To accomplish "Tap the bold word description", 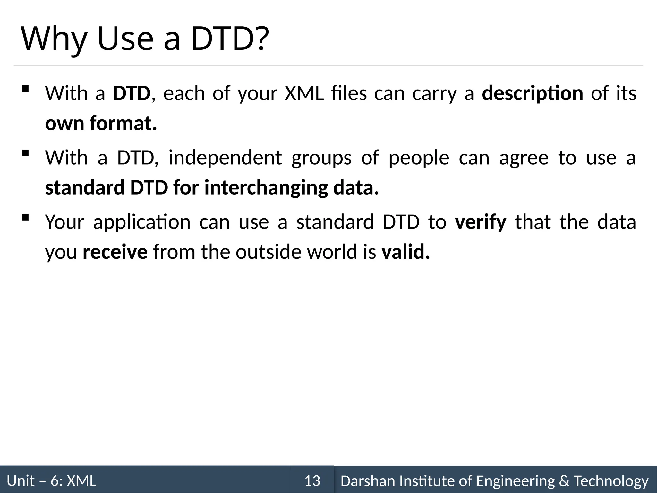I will (x=533, y=93).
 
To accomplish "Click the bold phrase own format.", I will (x=101, y=123).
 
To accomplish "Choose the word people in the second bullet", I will (x=419, y=158).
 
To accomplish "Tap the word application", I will (x=141, y=222).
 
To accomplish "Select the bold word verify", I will (x=481, y=222).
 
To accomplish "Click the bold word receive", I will (x=115, y=252).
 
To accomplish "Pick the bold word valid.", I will (x=405, y=252).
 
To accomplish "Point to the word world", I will (x=332, y=252).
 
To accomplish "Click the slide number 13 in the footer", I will (x=312, y=481).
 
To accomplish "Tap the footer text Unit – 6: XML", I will (x=51, y=481).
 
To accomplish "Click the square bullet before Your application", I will (x=25, y=218).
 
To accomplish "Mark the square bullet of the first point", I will (x=25, y=89).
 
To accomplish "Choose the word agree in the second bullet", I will (x=524, y=158).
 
